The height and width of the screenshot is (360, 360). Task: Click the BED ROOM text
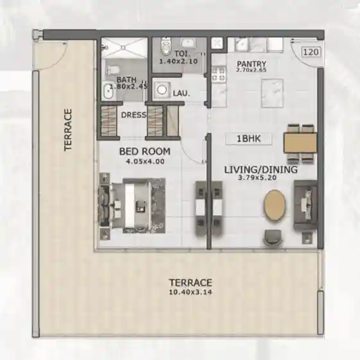click(x=144, y=152)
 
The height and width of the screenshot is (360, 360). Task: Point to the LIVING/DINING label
click(x=261, y=170)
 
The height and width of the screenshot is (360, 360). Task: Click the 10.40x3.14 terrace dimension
click(x=191, y=292)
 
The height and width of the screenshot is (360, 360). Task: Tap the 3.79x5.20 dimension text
click(x=261, y=180)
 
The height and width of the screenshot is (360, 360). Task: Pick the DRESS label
click(x=133, y=116)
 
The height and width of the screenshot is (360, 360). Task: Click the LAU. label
click(x=181, y=94)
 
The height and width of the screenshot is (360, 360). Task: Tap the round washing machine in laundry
click(x=163, y=90)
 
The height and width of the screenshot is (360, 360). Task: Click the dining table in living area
click(x=300, y=142)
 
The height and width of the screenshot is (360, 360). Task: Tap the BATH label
click(x=126, y=80)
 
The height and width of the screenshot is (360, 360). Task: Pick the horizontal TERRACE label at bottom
click(x=191, y=282)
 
